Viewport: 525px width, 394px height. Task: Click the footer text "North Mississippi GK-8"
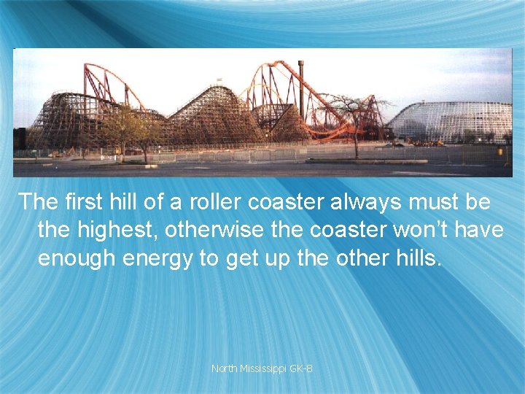[x=262, y=368]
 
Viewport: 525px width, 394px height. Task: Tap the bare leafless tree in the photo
[x=355, y=117]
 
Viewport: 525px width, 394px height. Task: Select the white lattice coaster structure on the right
[x=452, y=120]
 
